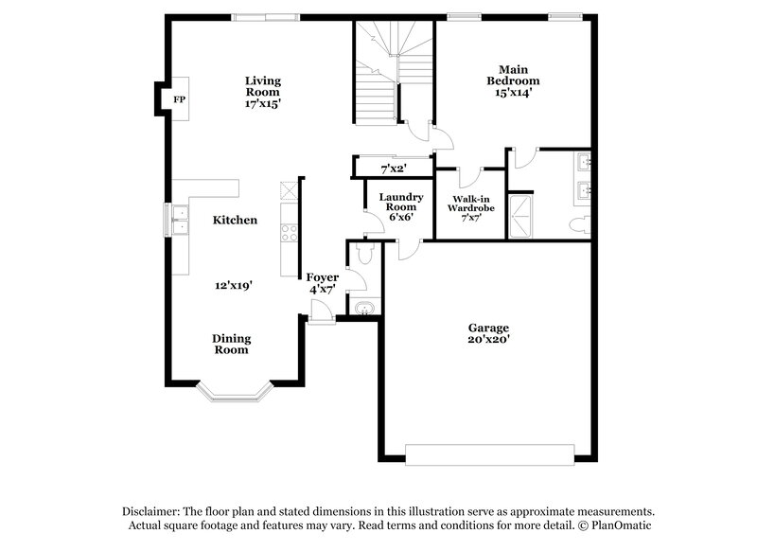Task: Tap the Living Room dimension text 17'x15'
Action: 262,104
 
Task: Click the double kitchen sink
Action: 179,219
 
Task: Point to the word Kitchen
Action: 234,220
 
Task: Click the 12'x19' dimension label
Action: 234,284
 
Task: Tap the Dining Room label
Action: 230,343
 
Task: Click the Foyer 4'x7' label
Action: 322,283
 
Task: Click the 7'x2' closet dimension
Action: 393,169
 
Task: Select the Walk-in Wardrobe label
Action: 470,207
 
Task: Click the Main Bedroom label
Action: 513,80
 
